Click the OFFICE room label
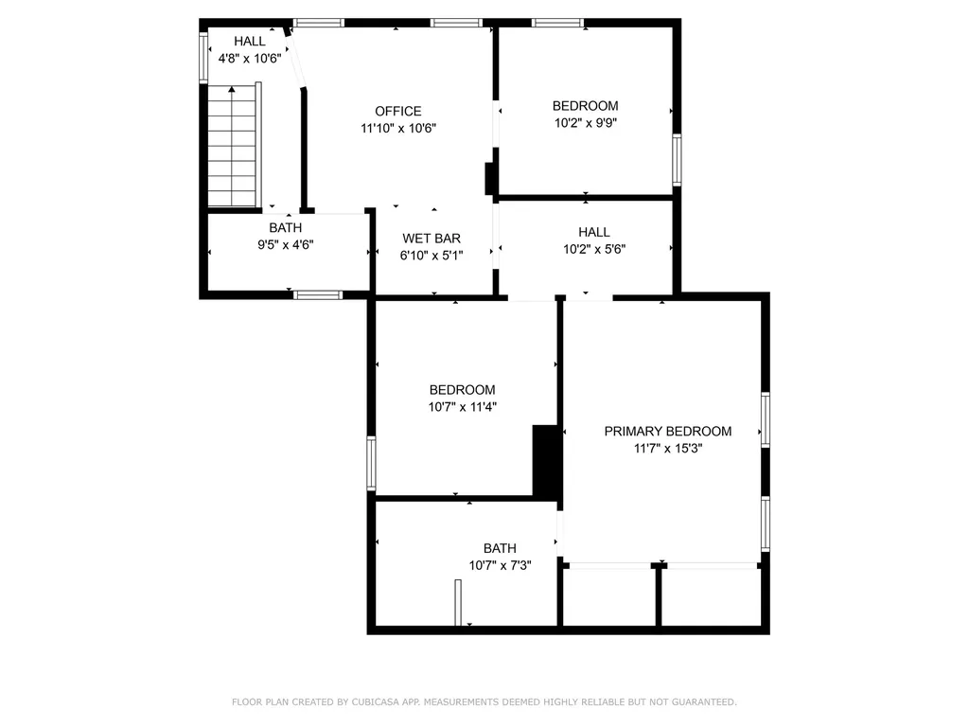(x=397, y=112)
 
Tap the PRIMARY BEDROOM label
(x=668, y=432)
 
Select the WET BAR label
(x=432, y=239)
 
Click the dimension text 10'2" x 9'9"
(x=586, y=123)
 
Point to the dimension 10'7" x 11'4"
(x=462, y=407)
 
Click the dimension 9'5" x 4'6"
(x=286, y=244)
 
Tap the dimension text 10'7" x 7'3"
(x=500, y=566)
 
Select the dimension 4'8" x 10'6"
(x=250, y=58)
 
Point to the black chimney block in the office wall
(x=490, y=178)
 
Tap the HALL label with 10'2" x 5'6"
(x=594, y=232)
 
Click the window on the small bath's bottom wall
(x=318, y=294)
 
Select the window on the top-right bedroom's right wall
(x=677, y=159)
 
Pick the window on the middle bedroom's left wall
(x=372, y=463)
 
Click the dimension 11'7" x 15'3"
(x=668, y=449)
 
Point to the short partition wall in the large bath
(x=458, y=603)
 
